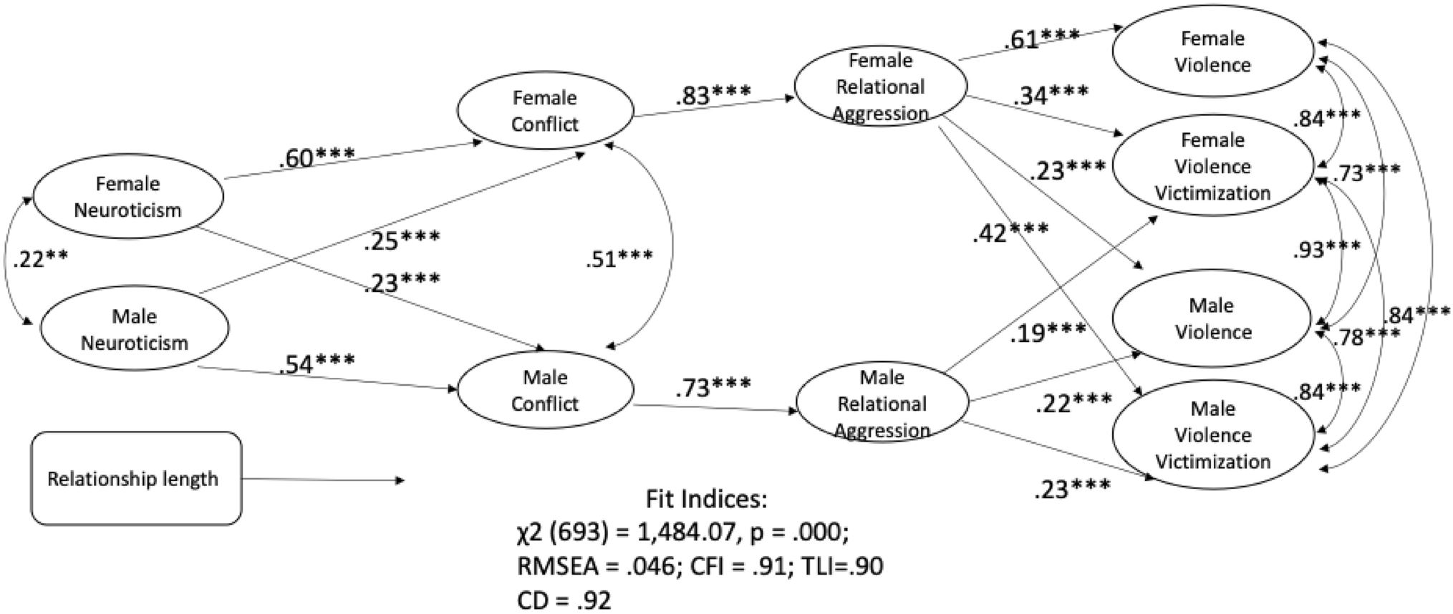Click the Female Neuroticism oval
point(127,197)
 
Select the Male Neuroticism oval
point(134,329)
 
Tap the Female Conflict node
point(545,111)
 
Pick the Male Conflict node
point(545,391)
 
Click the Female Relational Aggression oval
point(881,87)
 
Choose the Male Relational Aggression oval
point(882,404)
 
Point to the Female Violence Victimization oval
point(1212,166)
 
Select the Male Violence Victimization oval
point(1212,435)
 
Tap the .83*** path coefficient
point(713,94)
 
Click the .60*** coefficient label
point(317,157)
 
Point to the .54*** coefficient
point(317,364)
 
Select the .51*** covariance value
point(619,258)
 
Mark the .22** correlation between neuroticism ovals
point(41,260)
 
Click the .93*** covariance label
point(1326,249)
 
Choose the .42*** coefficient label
point(1010,232)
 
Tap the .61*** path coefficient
point(1041,39)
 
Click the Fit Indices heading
point(706,499)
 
